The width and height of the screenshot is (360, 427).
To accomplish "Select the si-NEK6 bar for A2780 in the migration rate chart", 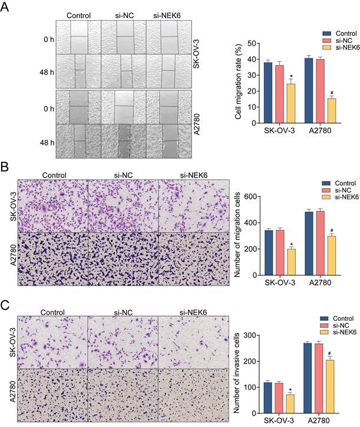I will tap(332, 111).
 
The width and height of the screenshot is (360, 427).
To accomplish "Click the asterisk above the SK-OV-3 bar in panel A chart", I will tap(291, 77).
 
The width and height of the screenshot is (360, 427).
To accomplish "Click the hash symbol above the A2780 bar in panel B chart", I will tap(332, 231).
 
